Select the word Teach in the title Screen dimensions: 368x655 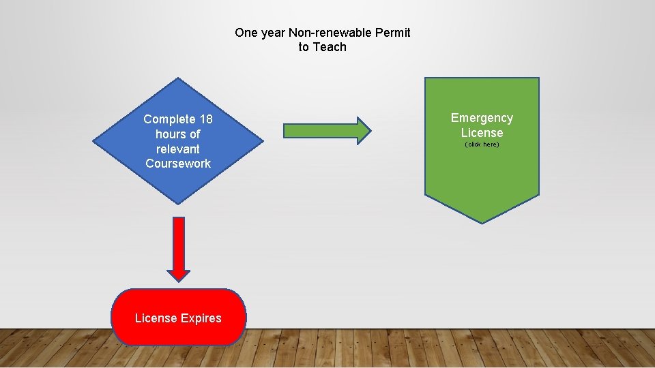point(330,47)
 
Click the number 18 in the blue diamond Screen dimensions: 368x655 point(205,119)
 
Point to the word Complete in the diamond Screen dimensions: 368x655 point(169,119)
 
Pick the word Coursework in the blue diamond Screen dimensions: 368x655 point(178,164)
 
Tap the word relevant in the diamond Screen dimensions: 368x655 point(178,149)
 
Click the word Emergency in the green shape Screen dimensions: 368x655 point(482,118)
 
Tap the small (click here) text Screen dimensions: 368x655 point(482,144)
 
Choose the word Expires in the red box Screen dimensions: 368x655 point(201,318)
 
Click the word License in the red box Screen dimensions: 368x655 point(156,318)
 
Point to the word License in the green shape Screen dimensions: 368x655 point(482,133)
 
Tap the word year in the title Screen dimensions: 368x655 point(273,33)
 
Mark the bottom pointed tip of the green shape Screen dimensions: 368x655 point(482,222)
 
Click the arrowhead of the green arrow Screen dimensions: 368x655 point(364,130)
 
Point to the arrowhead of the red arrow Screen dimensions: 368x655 point(179,274)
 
